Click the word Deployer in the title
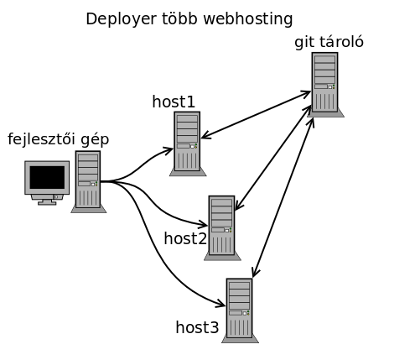tap(121, 19)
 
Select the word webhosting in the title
tap(248, 19)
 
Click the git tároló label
tap(329, 43)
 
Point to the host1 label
tap(174, 102)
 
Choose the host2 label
tap(185, 238)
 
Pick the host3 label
tap(197, 327)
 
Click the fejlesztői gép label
tap(58, 139)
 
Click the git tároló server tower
tap(325, 85)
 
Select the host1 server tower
tap(188, 143)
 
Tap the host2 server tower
tap(222, 228)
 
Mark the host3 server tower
tap(240, 310)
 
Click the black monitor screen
tap(47, 177)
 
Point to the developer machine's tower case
tap(88, 182)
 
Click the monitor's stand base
tap(47, 202)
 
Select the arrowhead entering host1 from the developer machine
tap(169, 150)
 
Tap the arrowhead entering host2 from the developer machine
tap(204, 224)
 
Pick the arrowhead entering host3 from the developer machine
tap(221, 304)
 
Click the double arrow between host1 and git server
tap(256, 114)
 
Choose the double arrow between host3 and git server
tap(283, 197)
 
